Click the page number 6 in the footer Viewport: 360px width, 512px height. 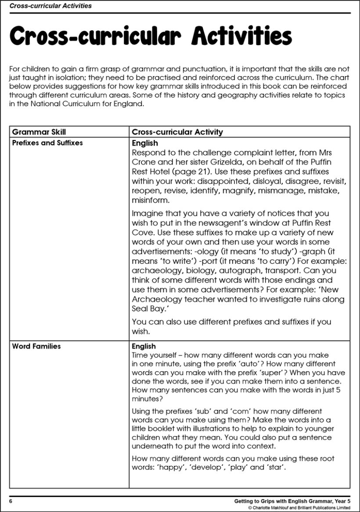click(11, 501)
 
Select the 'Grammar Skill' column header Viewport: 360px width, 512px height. click(39, 132)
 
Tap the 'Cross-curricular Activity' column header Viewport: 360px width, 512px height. click(177, 132)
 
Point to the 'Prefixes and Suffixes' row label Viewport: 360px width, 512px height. click(47, 143)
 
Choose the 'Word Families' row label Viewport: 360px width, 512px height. click(36, 346)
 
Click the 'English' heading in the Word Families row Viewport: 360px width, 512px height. click(144, 346)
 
